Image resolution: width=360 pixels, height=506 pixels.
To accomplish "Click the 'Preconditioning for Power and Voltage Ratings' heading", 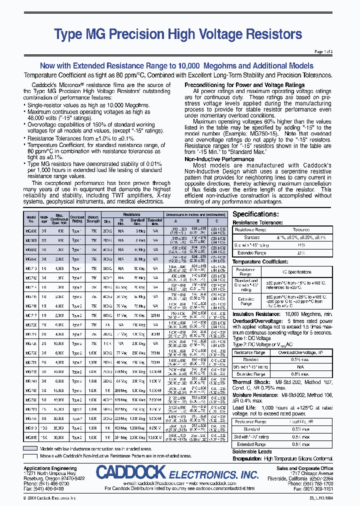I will point(244,85).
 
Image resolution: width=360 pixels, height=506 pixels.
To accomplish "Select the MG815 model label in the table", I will point(31,437).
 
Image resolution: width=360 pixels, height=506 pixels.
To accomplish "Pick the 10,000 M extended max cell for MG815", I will point(155,437).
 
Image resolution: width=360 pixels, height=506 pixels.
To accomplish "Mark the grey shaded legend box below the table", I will point(30,448).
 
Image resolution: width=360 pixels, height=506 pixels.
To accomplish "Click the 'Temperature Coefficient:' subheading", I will point(260,261).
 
